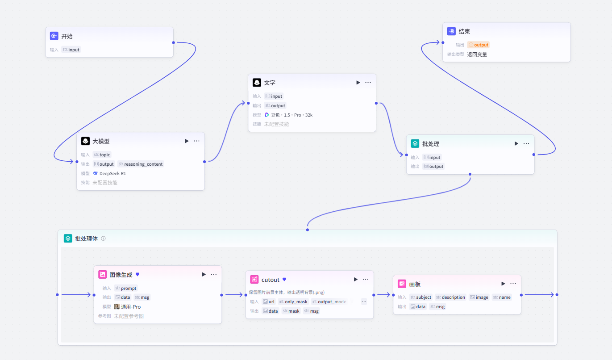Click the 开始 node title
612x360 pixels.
[67, 36]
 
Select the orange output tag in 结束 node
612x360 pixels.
[479, 45]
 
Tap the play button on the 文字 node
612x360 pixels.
[358, 83]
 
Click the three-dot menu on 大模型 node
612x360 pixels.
[197, 141]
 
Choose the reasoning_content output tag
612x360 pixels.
[141, 164]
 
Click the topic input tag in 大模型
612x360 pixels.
[102, 155]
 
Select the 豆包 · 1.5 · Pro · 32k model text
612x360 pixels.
[292, 115]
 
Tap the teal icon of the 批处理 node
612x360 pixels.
[415, 143]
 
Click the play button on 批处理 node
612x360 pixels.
[516, 143]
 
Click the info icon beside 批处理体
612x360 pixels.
[103, 239]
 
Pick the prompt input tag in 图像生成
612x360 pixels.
[126, 288]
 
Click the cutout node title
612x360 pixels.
[270, 280]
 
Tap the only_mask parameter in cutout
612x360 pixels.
[293, 301]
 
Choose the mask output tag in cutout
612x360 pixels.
[291, 311]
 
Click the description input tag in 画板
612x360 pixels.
[450, 297]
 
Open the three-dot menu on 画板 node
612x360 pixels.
[513, 284]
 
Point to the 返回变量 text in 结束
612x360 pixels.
[477, 54]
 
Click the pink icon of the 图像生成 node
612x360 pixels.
[103, 274]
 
